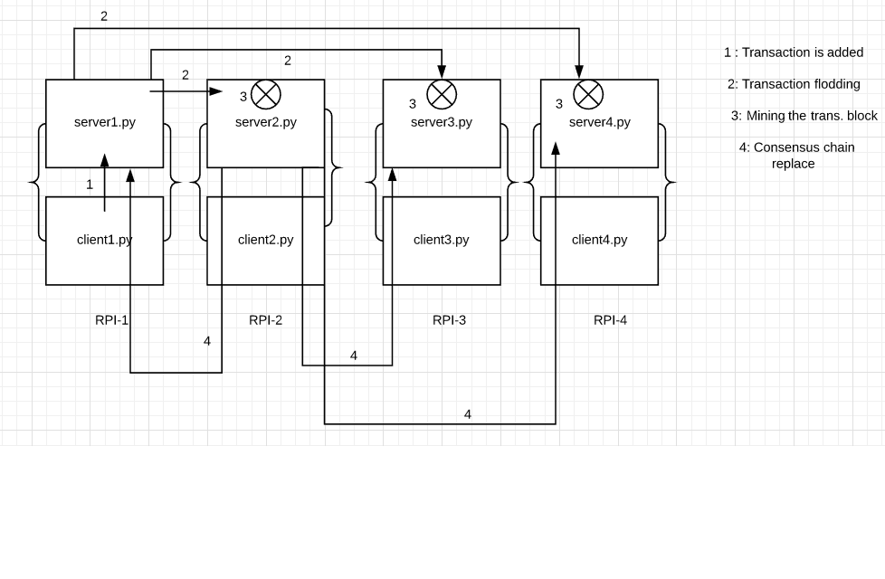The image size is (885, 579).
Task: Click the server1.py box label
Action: point(105,122)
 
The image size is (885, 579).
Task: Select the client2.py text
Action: point(265,240)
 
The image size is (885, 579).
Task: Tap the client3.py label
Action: point(441,240)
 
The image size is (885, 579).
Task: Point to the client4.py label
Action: point(599,240)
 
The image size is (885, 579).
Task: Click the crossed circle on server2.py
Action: point(266,94)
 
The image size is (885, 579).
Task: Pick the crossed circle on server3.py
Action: point(442,94)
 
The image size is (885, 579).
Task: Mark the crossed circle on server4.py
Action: point(588,94)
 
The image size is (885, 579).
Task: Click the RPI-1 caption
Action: point(111,320)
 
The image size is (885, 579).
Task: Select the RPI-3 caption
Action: point(449,320)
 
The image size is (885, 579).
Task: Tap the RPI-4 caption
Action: point(610,320)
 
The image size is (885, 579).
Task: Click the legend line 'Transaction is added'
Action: point(794,52)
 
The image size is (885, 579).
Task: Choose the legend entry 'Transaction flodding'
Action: point(794,84)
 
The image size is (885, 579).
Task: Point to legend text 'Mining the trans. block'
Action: point(804,116)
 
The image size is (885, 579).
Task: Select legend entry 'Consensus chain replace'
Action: point(796,155)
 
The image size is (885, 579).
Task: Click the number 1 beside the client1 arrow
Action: point(90,185)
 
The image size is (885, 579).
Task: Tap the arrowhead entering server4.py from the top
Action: point(579,72)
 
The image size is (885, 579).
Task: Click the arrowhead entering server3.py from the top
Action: point(442,72)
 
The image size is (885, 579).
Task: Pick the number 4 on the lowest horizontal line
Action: point(468,414)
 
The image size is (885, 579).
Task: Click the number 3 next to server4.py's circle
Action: point(559,104)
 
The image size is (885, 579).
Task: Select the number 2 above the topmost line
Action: point(104,16)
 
